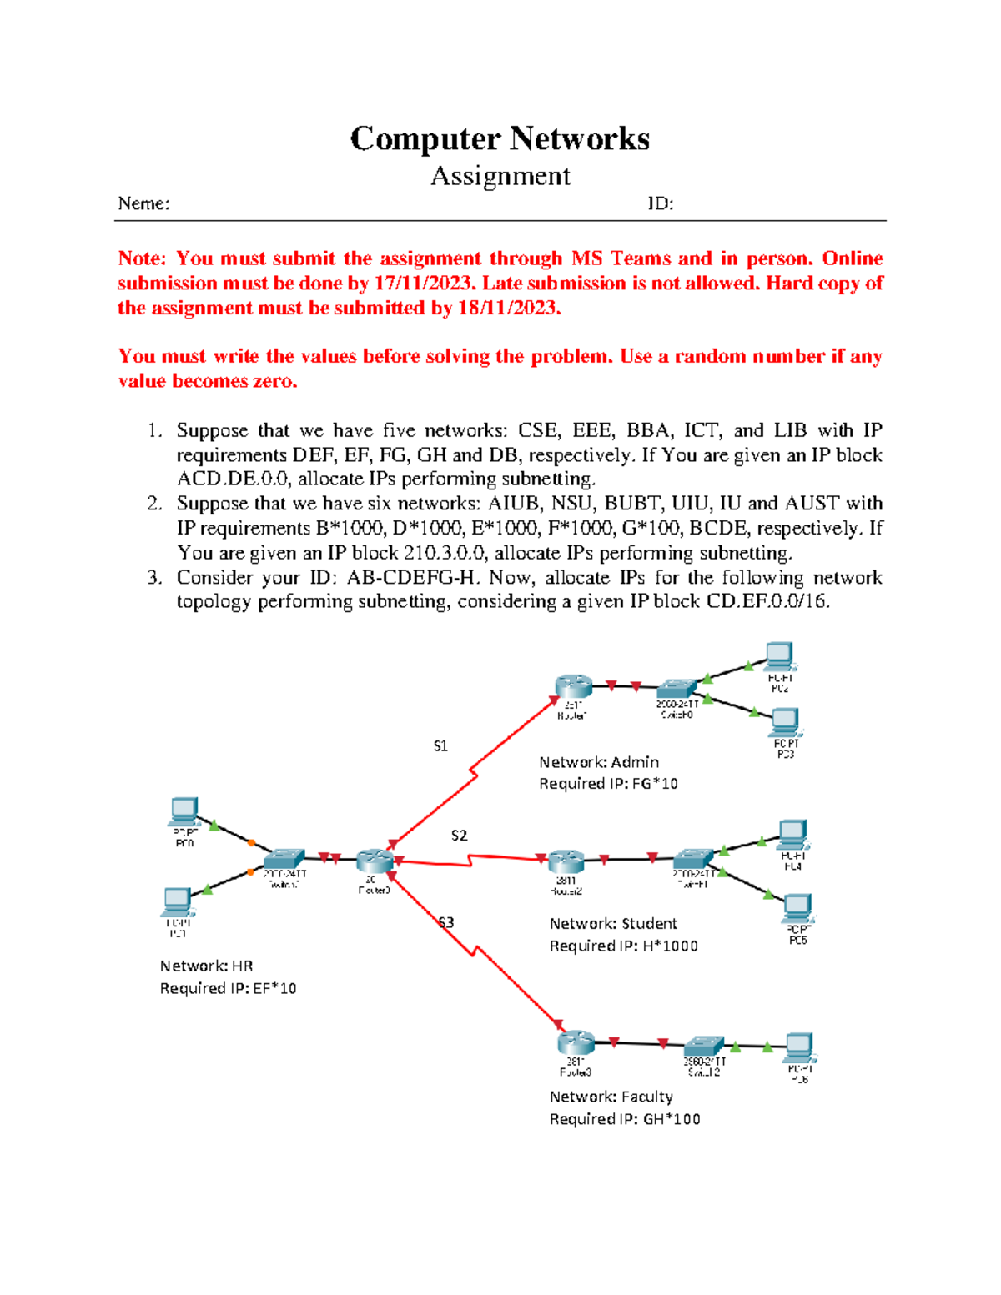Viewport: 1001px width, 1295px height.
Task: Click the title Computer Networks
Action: (x=500, y=139)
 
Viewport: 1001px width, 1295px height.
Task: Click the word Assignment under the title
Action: (x=500, y=176)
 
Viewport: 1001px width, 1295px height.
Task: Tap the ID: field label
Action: (x=660, y=203)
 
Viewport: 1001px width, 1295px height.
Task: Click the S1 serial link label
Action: (x=440, y=746)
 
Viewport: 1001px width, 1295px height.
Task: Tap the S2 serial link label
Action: (x=459, y=836)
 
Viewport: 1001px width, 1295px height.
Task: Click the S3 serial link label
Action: (x=446, y=922)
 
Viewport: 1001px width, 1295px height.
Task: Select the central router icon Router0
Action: (x=374, y=861)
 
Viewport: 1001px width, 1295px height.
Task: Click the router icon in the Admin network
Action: (x=573, y=686)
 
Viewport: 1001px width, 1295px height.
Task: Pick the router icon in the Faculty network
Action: (x=576, y=1042)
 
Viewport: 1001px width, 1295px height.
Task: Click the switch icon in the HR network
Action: (x=284, y=859)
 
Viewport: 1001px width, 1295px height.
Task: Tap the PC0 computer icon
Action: (x=184, y=811)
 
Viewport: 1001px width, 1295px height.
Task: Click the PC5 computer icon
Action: (x=797, y=906)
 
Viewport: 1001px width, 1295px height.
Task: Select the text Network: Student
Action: (x=613, y=924)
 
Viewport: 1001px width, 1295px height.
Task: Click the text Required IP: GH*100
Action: (x=624, y=1119)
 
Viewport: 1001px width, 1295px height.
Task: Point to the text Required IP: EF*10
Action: (x=228, y=988)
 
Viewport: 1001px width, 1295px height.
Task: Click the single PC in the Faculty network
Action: (x=799, y=1046)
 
